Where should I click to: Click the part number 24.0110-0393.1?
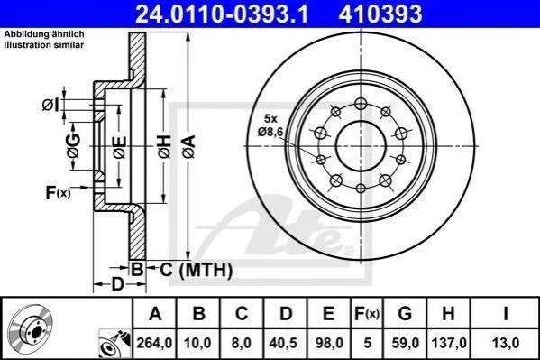222,14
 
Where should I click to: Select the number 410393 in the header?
380,14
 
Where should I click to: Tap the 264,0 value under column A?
154,343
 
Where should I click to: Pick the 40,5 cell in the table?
286,343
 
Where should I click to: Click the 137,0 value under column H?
449,343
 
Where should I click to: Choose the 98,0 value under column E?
329,343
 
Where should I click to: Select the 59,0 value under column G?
406,343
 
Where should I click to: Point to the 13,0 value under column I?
506,343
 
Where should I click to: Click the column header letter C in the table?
242,313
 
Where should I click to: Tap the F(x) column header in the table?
367,313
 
